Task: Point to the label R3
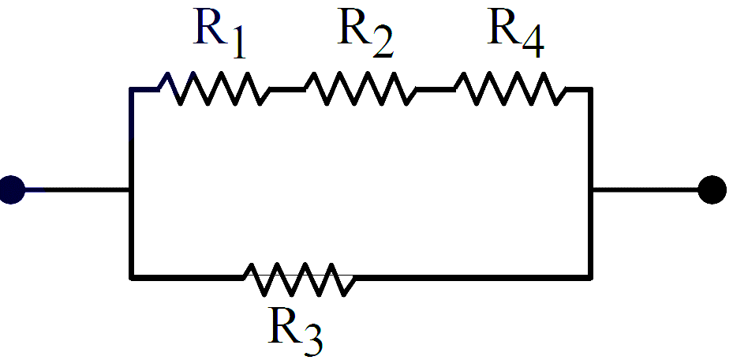[295, 330]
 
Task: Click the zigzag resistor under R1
[215, 88]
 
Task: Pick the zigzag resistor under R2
[361, 88]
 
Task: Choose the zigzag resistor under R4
[510, 88]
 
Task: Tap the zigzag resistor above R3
[299, 279]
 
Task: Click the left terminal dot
[11, 189]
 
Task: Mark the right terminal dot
[712, 189]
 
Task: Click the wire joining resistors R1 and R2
[287, 88]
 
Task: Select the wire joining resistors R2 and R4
[436, 88]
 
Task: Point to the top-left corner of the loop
[132, 89]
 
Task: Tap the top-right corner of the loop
[591, 89]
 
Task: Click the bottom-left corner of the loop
[132, 278]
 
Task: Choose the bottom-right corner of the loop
[591, 278]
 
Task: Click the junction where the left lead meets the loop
[132, 189]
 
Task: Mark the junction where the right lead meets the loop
[591, 189]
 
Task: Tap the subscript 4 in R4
[533, 45]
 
